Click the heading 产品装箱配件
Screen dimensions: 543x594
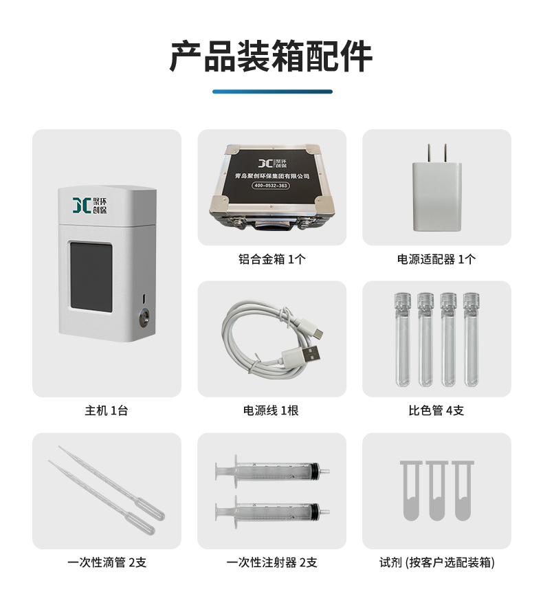pyautogui.click(x=271, y=56)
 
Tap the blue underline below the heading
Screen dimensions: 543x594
pyautogui.click(x=272, y=91)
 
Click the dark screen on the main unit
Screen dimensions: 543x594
pyautogui.click(x=91, y=277)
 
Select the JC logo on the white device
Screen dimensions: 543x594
pyautogui.click(x=89, y=205)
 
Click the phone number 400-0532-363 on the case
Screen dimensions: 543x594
pyautogui.click(x=271, y=186)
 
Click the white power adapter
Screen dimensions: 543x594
pyautogui.click(x=437, y=188)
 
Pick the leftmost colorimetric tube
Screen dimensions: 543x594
pyautogui.click(x=403, y=340)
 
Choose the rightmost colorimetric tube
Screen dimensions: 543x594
pyautogui.click(x=471, y=340)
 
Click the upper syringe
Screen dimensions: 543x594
pyautogui.click(x=272, y=472)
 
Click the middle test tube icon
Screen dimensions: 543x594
pyautogui.click(x=437, y=491)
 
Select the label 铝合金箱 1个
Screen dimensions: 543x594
pyautogui.click(x=272, y=259)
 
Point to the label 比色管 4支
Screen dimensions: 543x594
pyautogui.click(x=436, y=410)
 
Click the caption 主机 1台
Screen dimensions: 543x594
pyautogui.click(x=107, y=410)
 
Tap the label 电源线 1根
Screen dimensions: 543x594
pyautogui.click(x=271, y=410)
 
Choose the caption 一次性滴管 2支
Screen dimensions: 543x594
pyautogui.click(x=107, y=562)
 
